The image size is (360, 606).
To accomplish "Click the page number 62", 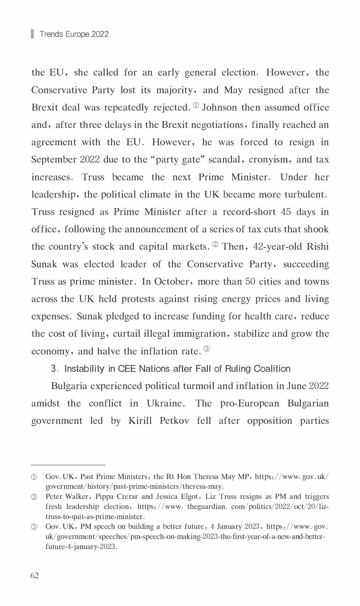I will pyautogui.click(x=35, y=576).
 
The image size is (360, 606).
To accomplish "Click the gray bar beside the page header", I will pyautogui.click(x=32, y=34).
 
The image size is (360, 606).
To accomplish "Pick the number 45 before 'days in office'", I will pyautogui.click(x=286, y=212).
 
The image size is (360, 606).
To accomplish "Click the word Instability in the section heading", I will pyautogui.click(x=84, y=369).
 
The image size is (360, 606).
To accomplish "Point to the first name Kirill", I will pyautogui.click(x=140, y=421).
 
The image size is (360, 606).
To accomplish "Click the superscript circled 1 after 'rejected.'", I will pyautogui.click(x=196, y=105).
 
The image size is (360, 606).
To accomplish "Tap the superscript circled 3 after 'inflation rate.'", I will pyautogui.click(x=207, y=349).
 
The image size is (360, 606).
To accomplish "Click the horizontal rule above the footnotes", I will pyautogui.click(x=68, y=465).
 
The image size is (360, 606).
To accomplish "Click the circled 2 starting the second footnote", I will pyautogui.click(x=34, y=497).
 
